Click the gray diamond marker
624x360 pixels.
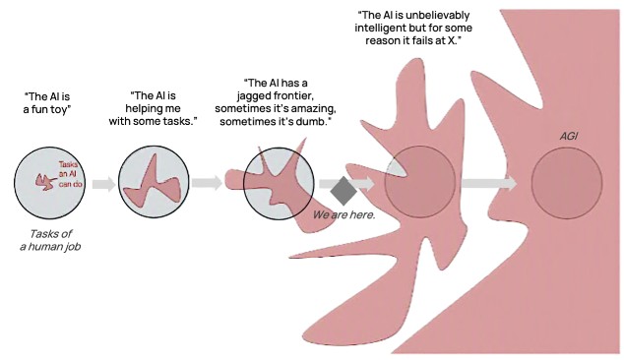click(343, 191)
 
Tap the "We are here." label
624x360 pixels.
click(343, 215)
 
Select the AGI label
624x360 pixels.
click(569, 136)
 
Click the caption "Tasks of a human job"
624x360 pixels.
click(50, 240)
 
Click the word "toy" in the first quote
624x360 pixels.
click(60, 109)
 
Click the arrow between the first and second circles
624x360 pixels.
click(104, 184)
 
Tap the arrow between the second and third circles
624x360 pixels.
click(207, 183)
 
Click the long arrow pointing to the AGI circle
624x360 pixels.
click(489, 183)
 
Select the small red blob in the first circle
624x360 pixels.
click(45, 182)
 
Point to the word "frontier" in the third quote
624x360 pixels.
click(294, 96)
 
